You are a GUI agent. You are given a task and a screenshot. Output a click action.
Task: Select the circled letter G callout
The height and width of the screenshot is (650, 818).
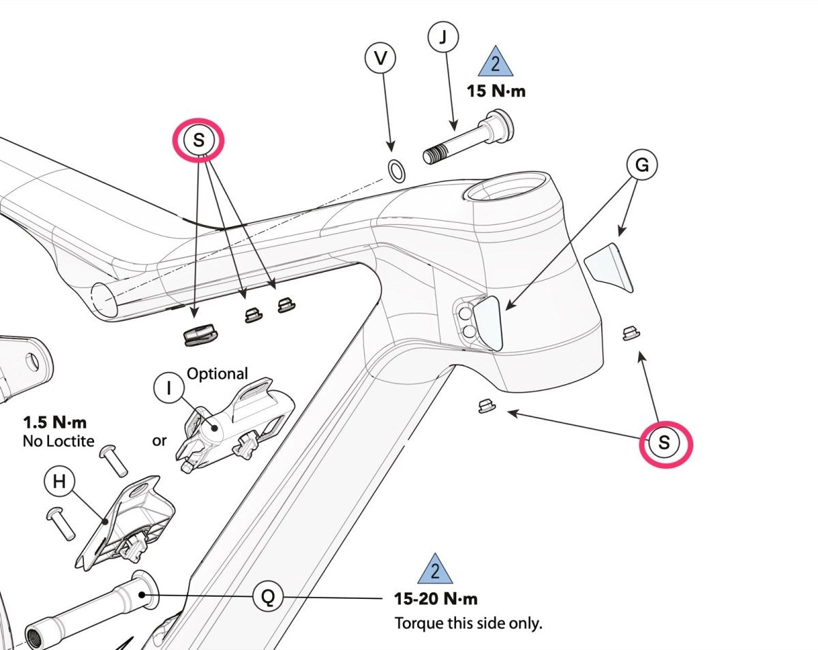pyautogui.click(x=641, y=165)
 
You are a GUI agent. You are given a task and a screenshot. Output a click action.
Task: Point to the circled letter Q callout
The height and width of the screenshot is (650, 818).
pyautogui.click(x=268, y=598)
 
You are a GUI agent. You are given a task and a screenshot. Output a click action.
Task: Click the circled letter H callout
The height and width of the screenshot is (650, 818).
pyautogui.click(x=59, y=482)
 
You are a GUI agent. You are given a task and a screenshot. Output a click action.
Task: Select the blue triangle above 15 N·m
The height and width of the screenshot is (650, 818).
pyautogui.click(x=496, y=63)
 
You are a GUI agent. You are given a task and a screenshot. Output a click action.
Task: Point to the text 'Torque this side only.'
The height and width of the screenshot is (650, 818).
pyautogui.click(x=468, y=623)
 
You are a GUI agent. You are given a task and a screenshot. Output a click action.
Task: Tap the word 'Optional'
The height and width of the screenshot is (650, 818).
pyautogui.click(x=217, y=373)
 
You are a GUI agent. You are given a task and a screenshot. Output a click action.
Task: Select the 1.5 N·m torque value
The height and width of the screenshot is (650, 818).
pyautogui.click(x=55, y=422)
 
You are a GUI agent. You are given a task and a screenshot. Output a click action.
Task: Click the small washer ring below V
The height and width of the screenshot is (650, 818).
pyautogui.click(x=396, y=170)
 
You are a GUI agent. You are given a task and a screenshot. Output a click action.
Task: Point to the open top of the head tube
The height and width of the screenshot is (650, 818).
pyautogui.click(x=508, y=187)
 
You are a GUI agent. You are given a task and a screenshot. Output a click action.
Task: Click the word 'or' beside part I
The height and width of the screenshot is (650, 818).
pyautogui.click(x=160, y=441)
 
